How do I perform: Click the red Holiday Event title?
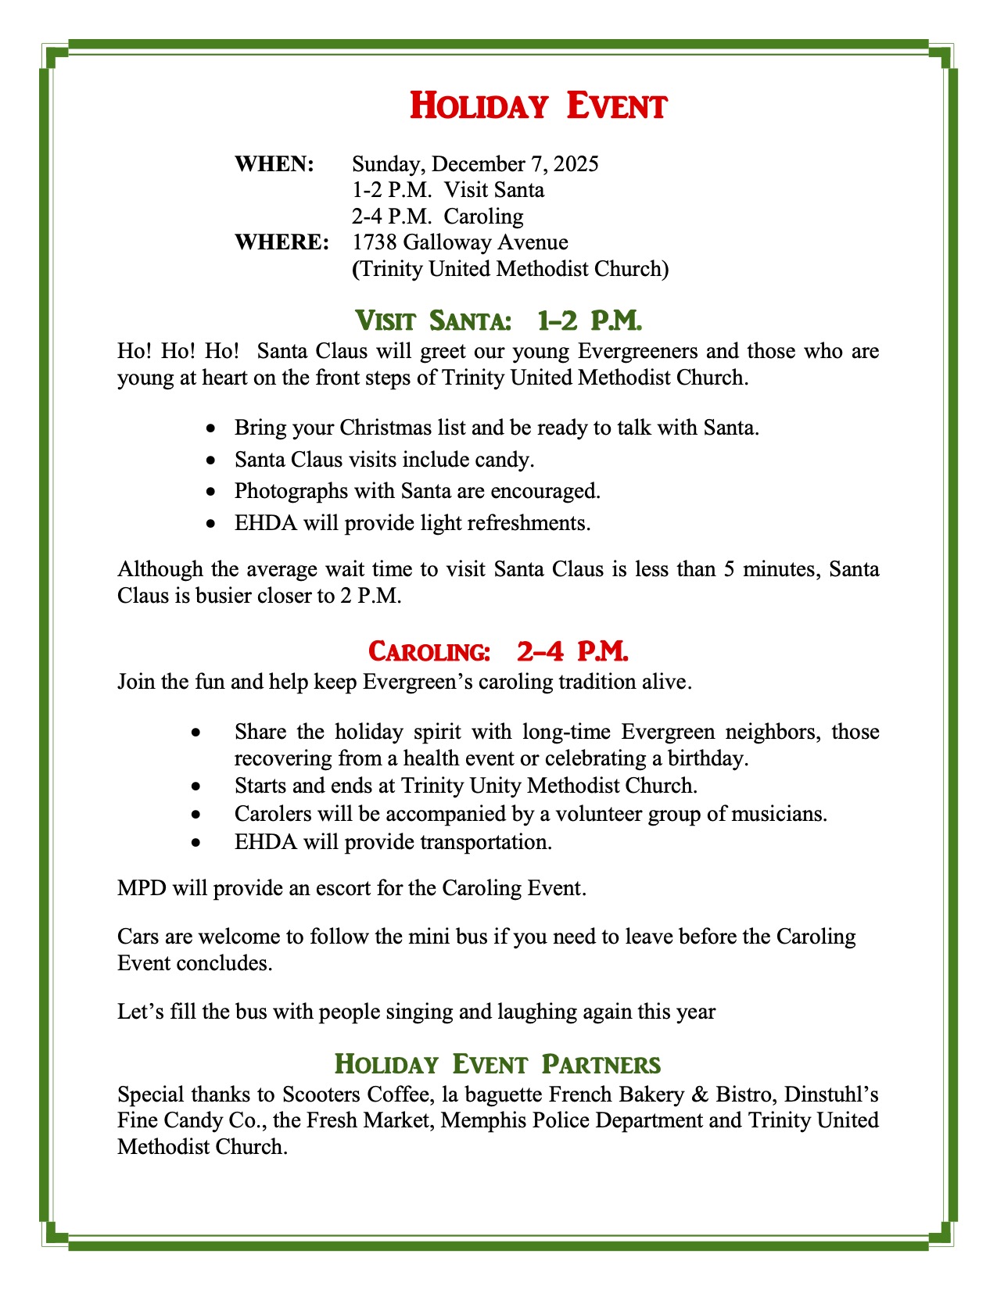point(538,106)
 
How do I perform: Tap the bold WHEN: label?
point(274,164)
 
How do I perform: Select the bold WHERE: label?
point(282,242)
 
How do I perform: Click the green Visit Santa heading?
point(498,320)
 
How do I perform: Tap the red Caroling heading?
point(498,650)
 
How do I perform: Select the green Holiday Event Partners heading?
point(498,1064)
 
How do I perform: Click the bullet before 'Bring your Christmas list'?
point(210,429)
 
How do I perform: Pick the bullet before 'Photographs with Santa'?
point(210,492)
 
